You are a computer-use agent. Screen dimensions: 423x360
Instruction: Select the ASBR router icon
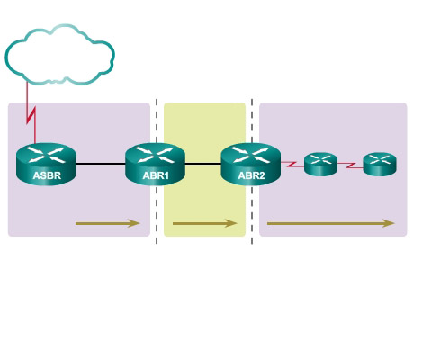(46, 164)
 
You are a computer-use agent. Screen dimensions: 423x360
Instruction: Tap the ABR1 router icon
(155, 164)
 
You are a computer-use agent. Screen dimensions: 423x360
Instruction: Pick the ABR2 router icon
(251, 164)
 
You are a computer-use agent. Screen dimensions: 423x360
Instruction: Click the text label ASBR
(47, 175)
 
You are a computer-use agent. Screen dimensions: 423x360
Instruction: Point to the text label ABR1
(156, 175)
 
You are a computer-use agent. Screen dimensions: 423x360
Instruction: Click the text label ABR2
(251, 175)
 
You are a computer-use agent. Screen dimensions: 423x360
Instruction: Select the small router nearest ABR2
(320, 164)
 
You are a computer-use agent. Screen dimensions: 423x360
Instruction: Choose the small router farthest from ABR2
(380, 164)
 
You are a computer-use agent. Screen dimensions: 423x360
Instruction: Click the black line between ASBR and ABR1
(101, 164)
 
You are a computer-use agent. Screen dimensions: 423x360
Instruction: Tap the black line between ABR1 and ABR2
(203, 164)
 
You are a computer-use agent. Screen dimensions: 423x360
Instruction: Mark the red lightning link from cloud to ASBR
(31, 115)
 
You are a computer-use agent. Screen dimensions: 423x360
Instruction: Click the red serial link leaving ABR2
(292, 165)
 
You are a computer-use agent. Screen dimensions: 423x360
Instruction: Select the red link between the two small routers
(350, 165)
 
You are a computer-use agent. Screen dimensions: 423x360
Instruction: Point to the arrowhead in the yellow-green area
(231, 223)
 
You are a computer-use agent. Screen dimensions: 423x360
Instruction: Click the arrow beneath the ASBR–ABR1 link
(108, 223)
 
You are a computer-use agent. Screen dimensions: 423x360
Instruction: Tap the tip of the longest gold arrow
(395, 223)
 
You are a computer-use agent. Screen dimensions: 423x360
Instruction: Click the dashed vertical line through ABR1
(157, 171)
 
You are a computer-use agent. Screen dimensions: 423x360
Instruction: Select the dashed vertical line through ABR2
(252, 171)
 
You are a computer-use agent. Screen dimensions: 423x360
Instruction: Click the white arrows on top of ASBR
(46, 155)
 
